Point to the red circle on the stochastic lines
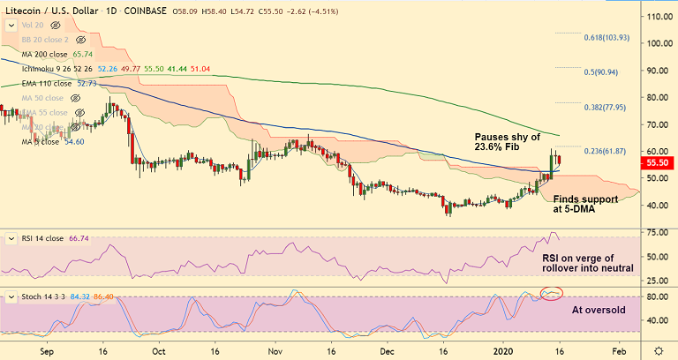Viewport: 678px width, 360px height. (x=553, y=292)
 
